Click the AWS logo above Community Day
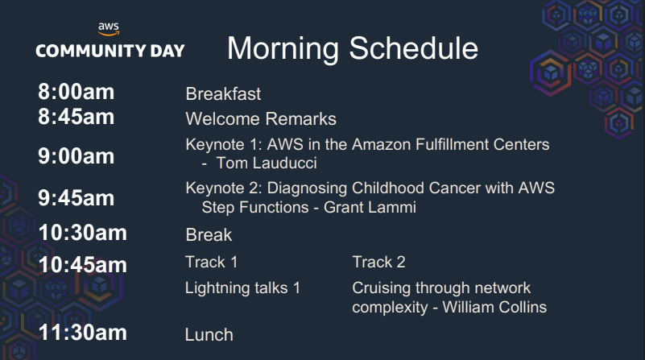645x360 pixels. point(109,29)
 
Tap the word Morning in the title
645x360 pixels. point(283,49)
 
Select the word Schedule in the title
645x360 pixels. point(413,48)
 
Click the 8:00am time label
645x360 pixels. point(76,91)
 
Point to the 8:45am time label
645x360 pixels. point(76,117)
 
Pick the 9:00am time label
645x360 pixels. point(76,156)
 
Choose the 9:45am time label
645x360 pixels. point(76,198)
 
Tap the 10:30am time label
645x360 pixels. point(83,233)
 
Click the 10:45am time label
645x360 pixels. point(83,264)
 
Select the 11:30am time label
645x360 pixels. point(83,333)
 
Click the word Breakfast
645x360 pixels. point(223,93)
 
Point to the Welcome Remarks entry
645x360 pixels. point(261,119)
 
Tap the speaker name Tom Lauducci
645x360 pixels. point(267,163)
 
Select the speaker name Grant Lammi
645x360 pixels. point(370,207)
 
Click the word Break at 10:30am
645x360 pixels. point(209,235)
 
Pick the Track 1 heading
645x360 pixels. point(212,262)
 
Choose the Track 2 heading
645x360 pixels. point(378,262)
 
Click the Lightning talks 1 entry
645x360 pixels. point(242,288)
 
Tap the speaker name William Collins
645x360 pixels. point(494,308)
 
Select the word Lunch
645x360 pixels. point(209,335)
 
